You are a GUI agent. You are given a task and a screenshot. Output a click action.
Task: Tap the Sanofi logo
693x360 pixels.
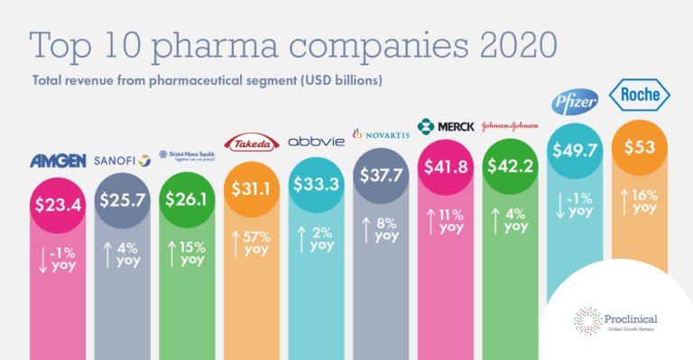click(123, 162)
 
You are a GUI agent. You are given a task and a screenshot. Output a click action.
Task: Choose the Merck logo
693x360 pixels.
click(445, 125)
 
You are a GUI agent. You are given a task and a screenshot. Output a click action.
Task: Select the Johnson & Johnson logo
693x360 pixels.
click(510, 125)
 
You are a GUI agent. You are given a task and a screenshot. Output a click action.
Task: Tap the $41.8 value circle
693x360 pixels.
click(445, 168)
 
